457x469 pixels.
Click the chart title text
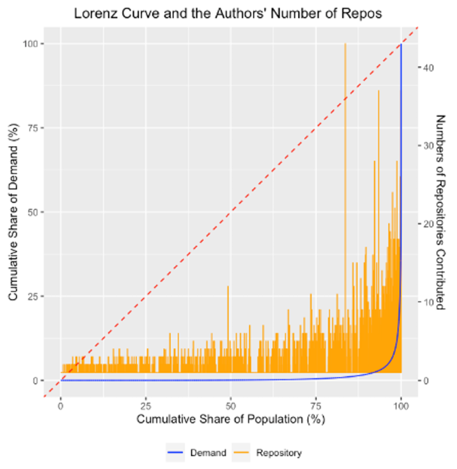coord(228,14)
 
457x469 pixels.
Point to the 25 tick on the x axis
coord(145,406)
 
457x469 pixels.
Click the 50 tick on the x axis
coord(231,406)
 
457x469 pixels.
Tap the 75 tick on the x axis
coord(316,406)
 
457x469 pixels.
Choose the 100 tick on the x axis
coord(401,406)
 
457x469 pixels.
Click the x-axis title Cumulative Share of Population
coord(231,419)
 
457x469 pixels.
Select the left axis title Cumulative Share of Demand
coord(13,212)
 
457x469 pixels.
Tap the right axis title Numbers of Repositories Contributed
coord(440,212)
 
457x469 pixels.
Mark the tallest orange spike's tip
coord(345,44)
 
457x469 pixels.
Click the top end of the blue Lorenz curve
coord(401,44)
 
